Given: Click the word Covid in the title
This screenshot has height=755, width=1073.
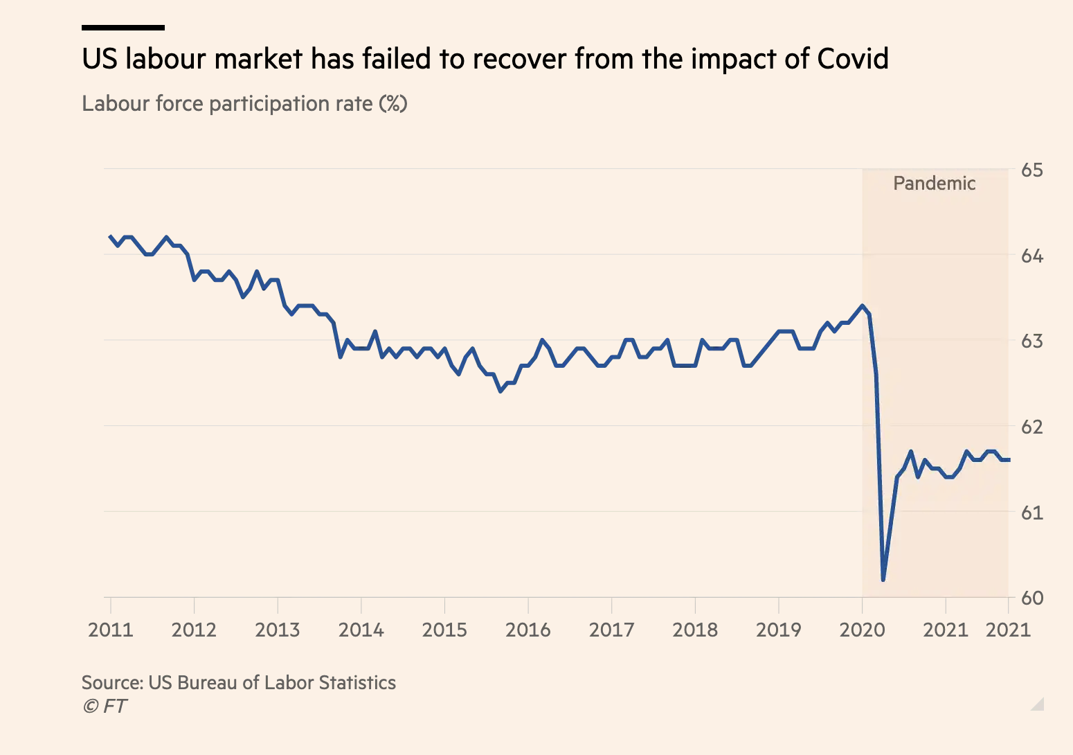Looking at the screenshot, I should pyautogui.click(x=852, y=59).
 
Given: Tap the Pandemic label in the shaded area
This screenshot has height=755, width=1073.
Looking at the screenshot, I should pyautogui.click(x=934, y=184).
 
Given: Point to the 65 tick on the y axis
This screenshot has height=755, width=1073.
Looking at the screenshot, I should pyautogui.click(x=1031, y=170).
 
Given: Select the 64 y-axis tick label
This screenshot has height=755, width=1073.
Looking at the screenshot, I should pyautogui.click(x=1031, y=256).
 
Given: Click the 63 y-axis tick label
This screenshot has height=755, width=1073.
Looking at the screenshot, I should pyautogui.click(x=1031, y=341).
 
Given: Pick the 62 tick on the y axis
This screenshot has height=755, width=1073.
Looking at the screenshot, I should pyautogui.click(x=1031, y=427).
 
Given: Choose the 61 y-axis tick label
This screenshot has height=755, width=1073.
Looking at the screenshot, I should pyautogui.click(x=1031, y=513).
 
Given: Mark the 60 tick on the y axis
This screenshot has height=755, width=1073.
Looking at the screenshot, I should pyautogui.click(x=1031, y=598).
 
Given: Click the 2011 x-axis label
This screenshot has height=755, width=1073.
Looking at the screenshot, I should pyautogui.click(x=111, y=630).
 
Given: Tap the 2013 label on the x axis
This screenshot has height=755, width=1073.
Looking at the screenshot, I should pyautogui.click(x=278, y=630).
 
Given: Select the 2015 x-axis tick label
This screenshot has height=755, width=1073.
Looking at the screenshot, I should pyautogui.click(x=444, y=630).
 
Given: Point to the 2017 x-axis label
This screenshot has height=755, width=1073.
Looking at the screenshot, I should pyautogui.click(x=611, y=630).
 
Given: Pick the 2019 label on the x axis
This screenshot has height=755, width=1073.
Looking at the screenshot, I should pyautogui.click(x=778, y=630).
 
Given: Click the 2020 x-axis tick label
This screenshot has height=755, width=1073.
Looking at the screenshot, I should pyautogui.click(x=862, y=630).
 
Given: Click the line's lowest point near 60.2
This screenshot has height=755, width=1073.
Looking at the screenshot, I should pyautogui.click(x=883, y=580).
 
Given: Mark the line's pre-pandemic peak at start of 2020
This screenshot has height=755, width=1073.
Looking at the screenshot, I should pyautogui.click(x=862, y=305).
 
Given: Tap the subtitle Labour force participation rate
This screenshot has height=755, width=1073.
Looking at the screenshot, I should pyautogui.click(x=244, y=104).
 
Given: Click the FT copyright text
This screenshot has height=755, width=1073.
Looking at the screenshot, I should pyautogui.click(x=105, y=706).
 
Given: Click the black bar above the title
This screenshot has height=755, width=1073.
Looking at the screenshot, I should pyautogui.click(x=123, y=28).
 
